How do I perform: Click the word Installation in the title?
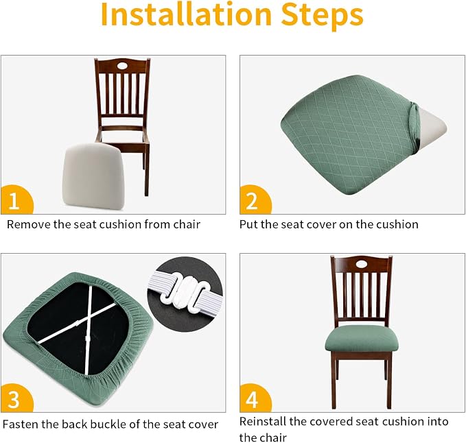187,14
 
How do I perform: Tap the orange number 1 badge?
16,200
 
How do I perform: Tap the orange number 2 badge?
255,200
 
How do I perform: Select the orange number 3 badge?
16,398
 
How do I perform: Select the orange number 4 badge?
255,398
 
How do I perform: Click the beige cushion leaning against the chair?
93,176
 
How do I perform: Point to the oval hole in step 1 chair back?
122,65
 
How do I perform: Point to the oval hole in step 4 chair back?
362,264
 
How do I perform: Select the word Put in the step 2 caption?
248,224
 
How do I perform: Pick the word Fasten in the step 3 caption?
21,424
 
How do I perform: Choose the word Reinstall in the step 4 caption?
263,422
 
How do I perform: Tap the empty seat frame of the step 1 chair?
123,137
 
